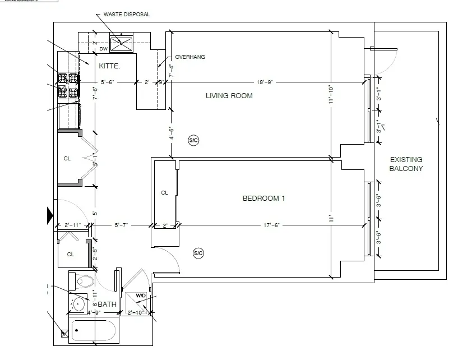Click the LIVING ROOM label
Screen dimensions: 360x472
coord(229,96)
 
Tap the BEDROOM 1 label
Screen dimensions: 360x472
coord(263,199)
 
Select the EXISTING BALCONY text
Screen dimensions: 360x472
coord(406,164)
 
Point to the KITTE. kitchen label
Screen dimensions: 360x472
coord(110,66)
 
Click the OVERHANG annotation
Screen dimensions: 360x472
coord(190,57)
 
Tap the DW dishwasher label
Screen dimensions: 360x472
coord(103,49)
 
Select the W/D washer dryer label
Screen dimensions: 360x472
coord(140,296)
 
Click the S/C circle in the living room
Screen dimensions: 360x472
coord(193,140)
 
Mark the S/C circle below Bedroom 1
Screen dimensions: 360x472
coord(198,253)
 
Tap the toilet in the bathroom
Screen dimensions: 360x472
coord(85,280)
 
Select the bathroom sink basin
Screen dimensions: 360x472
coord(79,304)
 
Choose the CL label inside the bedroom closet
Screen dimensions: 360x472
coord(165,193)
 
